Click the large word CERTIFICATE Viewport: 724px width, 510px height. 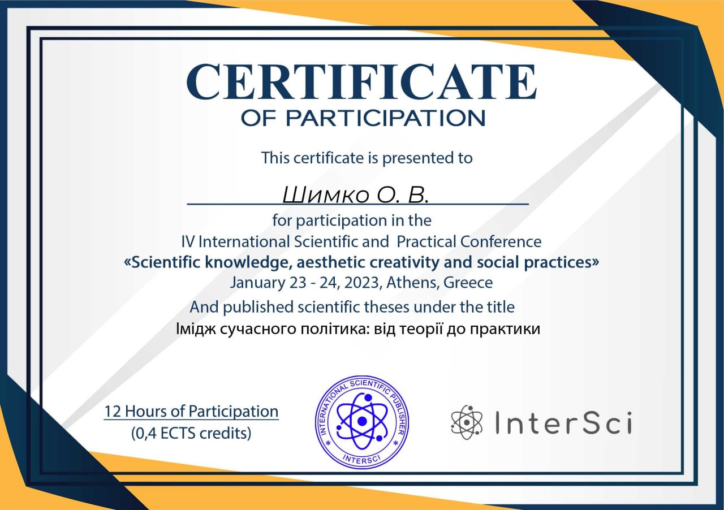(x=361, y=82)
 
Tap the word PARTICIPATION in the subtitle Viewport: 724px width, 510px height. (x=385, y=118)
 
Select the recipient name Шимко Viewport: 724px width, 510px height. (x=326, y=195)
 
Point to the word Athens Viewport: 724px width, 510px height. (x=413, y=283)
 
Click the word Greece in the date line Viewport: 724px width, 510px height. (x=468, y=283)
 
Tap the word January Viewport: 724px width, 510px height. (x=257, y=283)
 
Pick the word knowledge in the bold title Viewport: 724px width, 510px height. (x=246, y=263)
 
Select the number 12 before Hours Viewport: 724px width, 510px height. (x=113, y=412)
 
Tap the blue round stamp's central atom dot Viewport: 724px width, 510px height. (x=363, y=421)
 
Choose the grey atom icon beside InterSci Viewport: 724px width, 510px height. (x=467, y=422)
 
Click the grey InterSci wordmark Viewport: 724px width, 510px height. (x=564, y=422)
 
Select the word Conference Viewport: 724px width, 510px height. (x=501, y=242)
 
